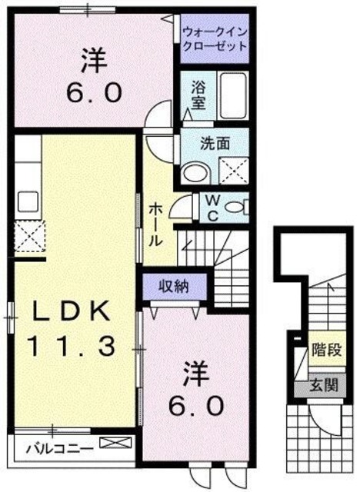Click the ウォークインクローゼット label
[215, 38]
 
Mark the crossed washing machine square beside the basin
[232, 168]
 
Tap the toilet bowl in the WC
[242, 205]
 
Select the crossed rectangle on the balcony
[111, 444]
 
